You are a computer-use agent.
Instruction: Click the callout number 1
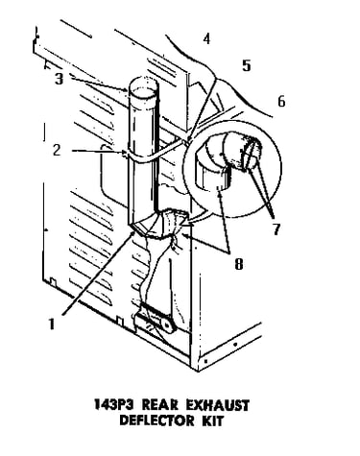click(x=51, y=324)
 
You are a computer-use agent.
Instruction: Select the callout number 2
click(x=57, y=150)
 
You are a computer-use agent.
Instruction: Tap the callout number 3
click(x=59, y=79)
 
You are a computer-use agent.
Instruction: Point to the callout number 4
click(x=206, y=38)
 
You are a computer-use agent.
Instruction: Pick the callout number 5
click(x=246, y=65)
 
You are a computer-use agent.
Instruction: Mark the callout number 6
click(x=281, y=102)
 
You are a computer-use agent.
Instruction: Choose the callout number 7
click(x=276, y=229)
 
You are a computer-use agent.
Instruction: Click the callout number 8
click(x=239, y=264)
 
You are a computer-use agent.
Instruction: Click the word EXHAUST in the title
click(x=217, y=405)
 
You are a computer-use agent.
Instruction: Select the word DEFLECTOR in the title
click(x=156, y=420)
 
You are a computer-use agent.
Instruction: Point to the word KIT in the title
click(x=211, y=420)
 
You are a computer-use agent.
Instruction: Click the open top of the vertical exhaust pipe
click(x=143, y=86)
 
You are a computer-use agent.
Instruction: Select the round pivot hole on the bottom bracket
click(x=167, y=324)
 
